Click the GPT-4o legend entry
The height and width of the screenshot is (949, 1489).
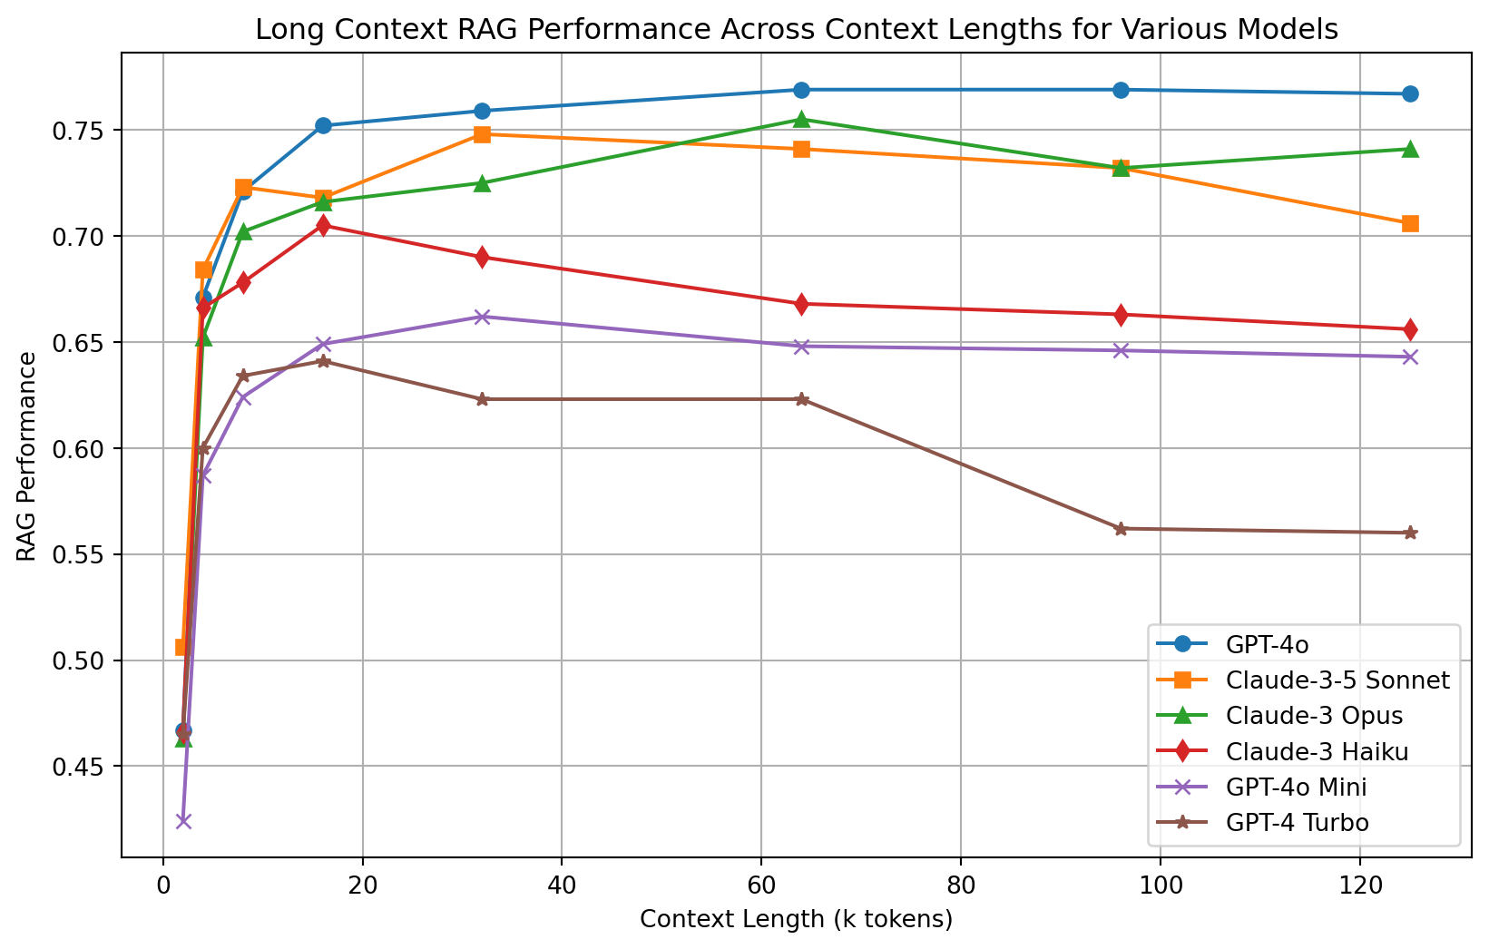click(1267, 645)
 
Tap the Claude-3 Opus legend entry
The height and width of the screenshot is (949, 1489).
click(1314, 716)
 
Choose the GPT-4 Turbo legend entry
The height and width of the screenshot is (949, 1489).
click(1297, 823)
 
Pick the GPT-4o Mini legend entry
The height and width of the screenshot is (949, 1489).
click(1296, 788)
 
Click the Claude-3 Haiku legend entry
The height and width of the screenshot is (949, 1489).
click(1317, 751)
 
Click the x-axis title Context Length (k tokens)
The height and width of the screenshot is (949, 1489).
click(796, 920)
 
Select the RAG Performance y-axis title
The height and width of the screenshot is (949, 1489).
click(28, 456)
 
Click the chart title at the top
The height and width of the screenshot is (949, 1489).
click(796, 30)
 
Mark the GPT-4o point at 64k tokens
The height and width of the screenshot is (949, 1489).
click(801, 90)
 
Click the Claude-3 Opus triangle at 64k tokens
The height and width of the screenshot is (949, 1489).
click(801, 119)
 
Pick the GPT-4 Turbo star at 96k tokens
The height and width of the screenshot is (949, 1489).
click(1121, 528)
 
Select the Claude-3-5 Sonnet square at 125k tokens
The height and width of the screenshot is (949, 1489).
click(1410, 223)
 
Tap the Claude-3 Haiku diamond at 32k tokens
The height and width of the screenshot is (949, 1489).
click(482, 257)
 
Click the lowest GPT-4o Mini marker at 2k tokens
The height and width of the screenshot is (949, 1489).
click(183, 821)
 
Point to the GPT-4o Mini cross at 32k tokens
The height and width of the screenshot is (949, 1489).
click(482, 317)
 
